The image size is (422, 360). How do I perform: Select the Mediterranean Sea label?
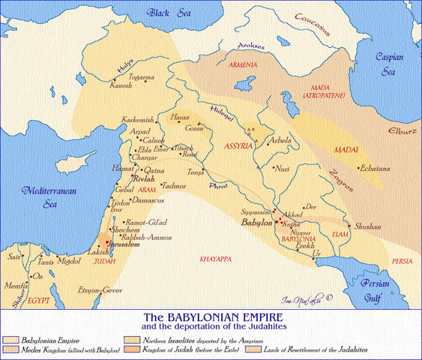click(43, 196)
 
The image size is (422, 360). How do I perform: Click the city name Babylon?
click(255, 223)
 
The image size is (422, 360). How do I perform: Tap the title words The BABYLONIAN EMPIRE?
click(211, 318)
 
